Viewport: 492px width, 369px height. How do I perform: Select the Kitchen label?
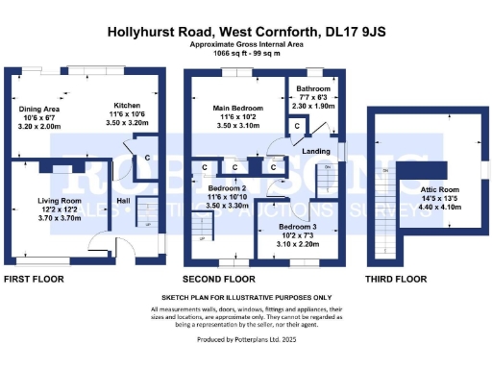tap(128, 105)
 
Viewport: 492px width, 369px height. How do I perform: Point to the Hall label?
tap(123, 200)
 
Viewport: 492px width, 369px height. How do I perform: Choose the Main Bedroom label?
tap(233, 109)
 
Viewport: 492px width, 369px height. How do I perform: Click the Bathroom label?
tap(311, 86)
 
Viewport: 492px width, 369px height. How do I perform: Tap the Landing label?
tap(317, 150)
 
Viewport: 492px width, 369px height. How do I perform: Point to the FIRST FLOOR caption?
tap(36, 279)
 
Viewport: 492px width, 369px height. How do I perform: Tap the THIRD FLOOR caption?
tap(395, 279)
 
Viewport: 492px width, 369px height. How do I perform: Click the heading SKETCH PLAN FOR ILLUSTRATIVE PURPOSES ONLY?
tap(246, 298)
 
